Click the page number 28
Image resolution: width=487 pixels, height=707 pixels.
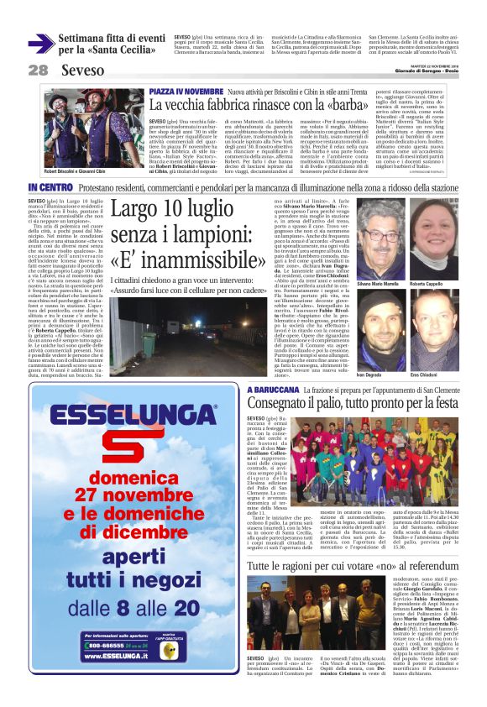pyautogui.click(x=38, y=70)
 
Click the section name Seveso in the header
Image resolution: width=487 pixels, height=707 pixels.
pyautogui.click(x=83, y=70)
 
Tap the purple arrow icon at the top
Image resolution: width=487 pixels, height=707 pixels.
pyautogui.click(x=40, y=43)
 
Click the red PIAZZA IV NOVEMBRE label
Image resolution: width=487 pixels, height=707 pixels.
pyautogui.click(x=186, y=90)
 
